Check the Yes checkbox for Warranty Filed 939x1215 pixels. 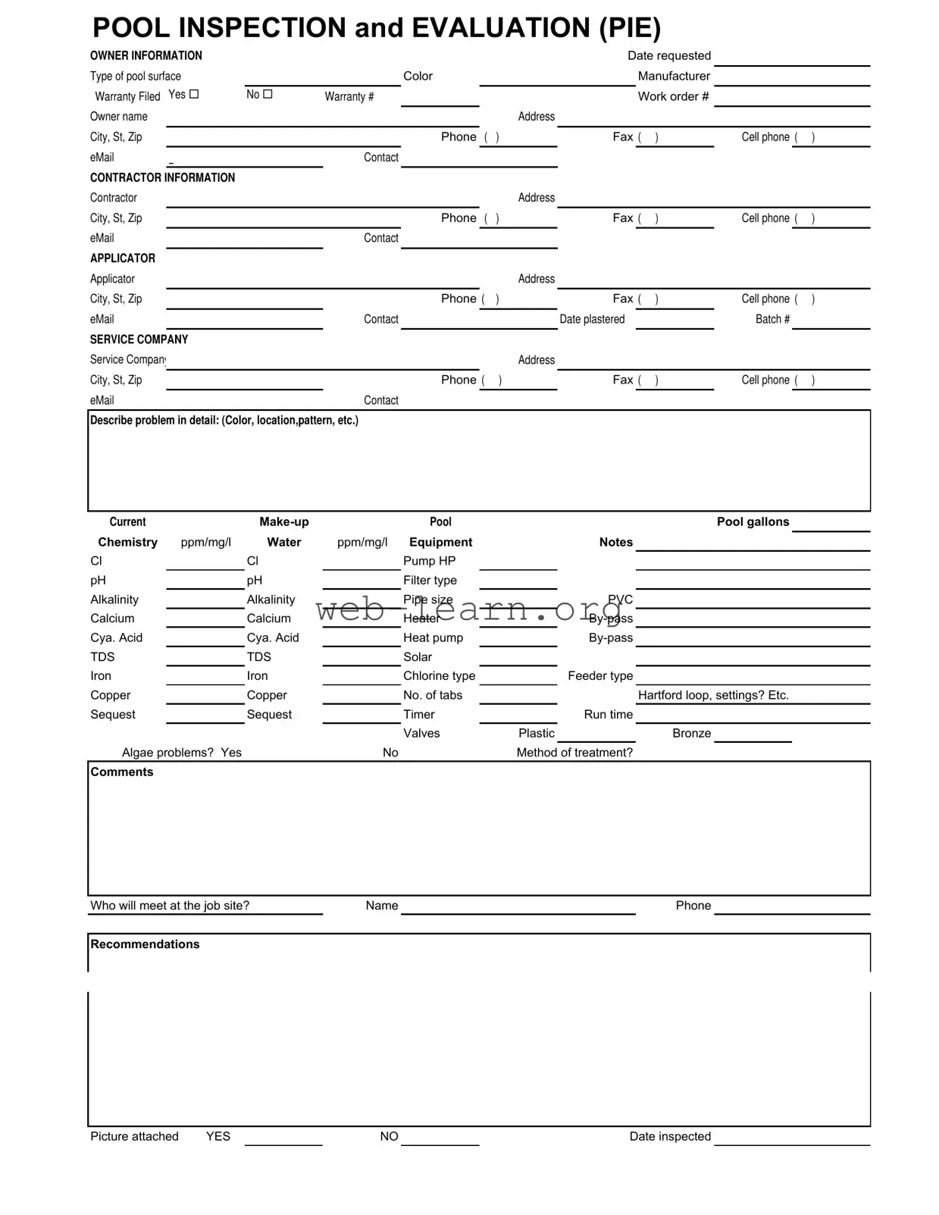[194, 94]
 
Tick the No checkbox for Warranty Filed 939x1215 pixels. [268, 94]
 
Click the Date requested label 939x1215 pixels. [668, 56]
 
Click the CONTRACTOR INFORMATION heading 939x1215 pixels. [162, 177]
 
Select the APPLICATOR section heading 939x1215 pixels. [122, 258]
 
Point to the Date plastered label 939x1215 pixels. [592, 319]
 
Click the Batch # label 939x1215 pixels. [772, 319]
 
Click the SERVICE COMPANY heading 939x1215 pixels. [139, 340]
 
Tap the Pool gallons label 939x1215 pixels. [753, 521]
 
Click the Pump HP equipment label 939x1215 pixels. [429, 561]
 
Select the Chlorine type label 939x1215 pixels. [439, 676]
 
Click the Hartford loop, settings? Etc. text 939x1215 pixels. [713, 695]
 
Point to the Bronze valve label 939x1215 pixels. [691, 733]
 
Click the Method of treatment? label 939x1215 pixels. [574, 753]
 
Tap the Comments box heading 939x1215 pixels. [121, 772]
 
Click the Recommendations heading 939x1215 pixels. [145, 944]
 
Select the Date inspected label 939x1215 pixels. [670, 1136]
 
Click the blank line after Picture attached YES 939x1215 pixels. [283, 1138]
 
